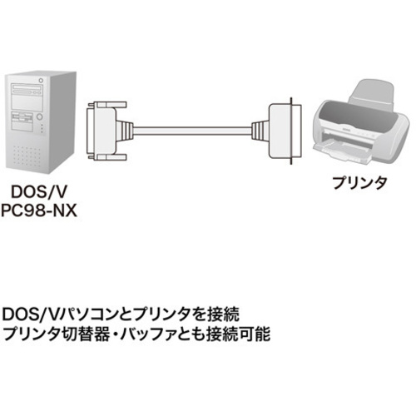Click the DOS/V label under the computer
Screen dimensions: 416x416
tap(38, 191)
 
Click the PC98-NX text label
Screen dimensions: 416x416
tap(38, 210)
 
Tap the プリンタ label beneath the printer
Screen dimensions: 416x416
tap(359, 183)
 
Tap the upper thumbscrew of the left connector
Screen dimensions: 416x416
tap(107, 105)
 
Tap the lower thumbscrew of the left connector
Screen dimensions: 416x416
tap(107, 158)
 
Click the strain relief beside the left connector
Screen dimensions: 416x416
tap(126, 131)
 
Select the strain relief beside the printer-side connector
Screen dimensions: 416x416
tap(260, 131)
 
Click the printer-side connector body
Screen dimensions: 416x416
tap(285, 131)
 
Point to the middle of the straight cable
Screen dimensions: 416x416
tap(193, 131)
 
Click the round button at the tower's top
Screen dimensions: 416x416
tap(42, 81)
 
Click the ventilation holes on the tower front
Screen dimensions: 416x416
tap(27, 156)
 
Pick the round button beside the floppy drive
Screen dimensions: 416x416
tap(39, 116)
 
